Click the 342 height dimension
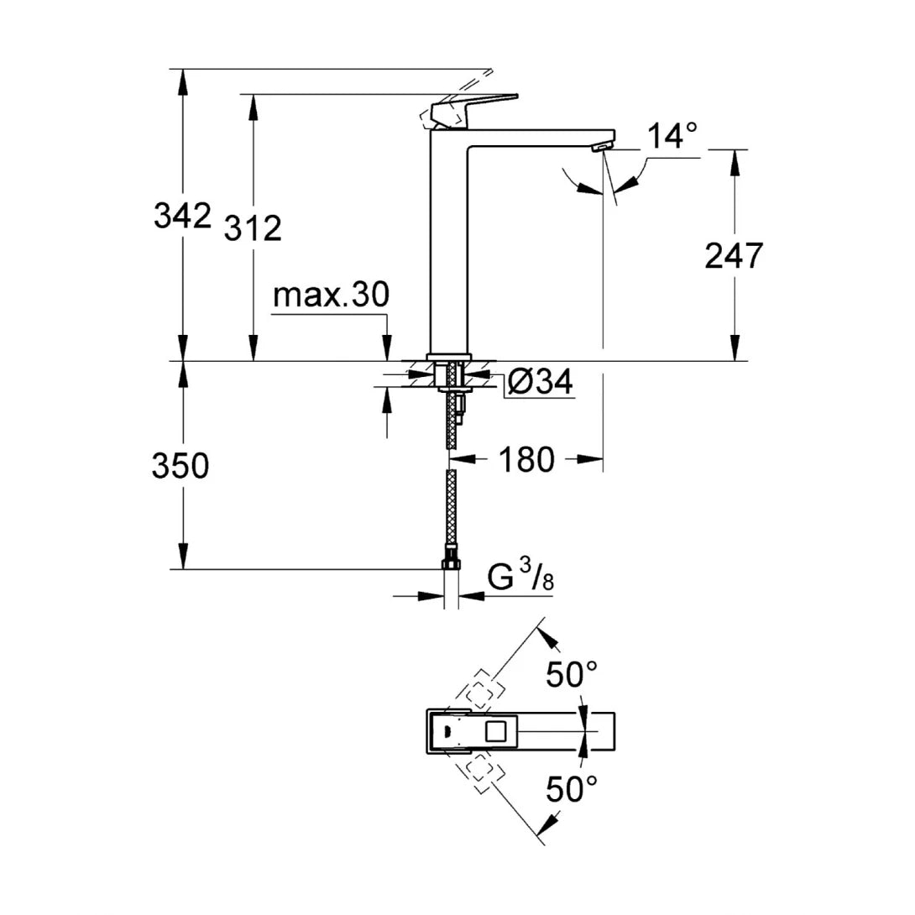[181, 217]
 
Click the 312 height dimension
[253, 227]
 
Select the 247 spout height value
[734, 255]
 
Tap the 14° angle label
[672, 135]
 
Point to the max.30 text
[331, 295]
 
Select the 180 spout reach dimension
[527, 459]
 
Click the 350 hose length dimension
[180, 465]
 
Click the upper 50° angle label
[572, 673]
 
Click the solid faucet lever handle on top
[470, 107]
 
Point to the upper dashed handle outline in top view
[480, 693]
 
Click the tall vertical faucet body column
[450, 243]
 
